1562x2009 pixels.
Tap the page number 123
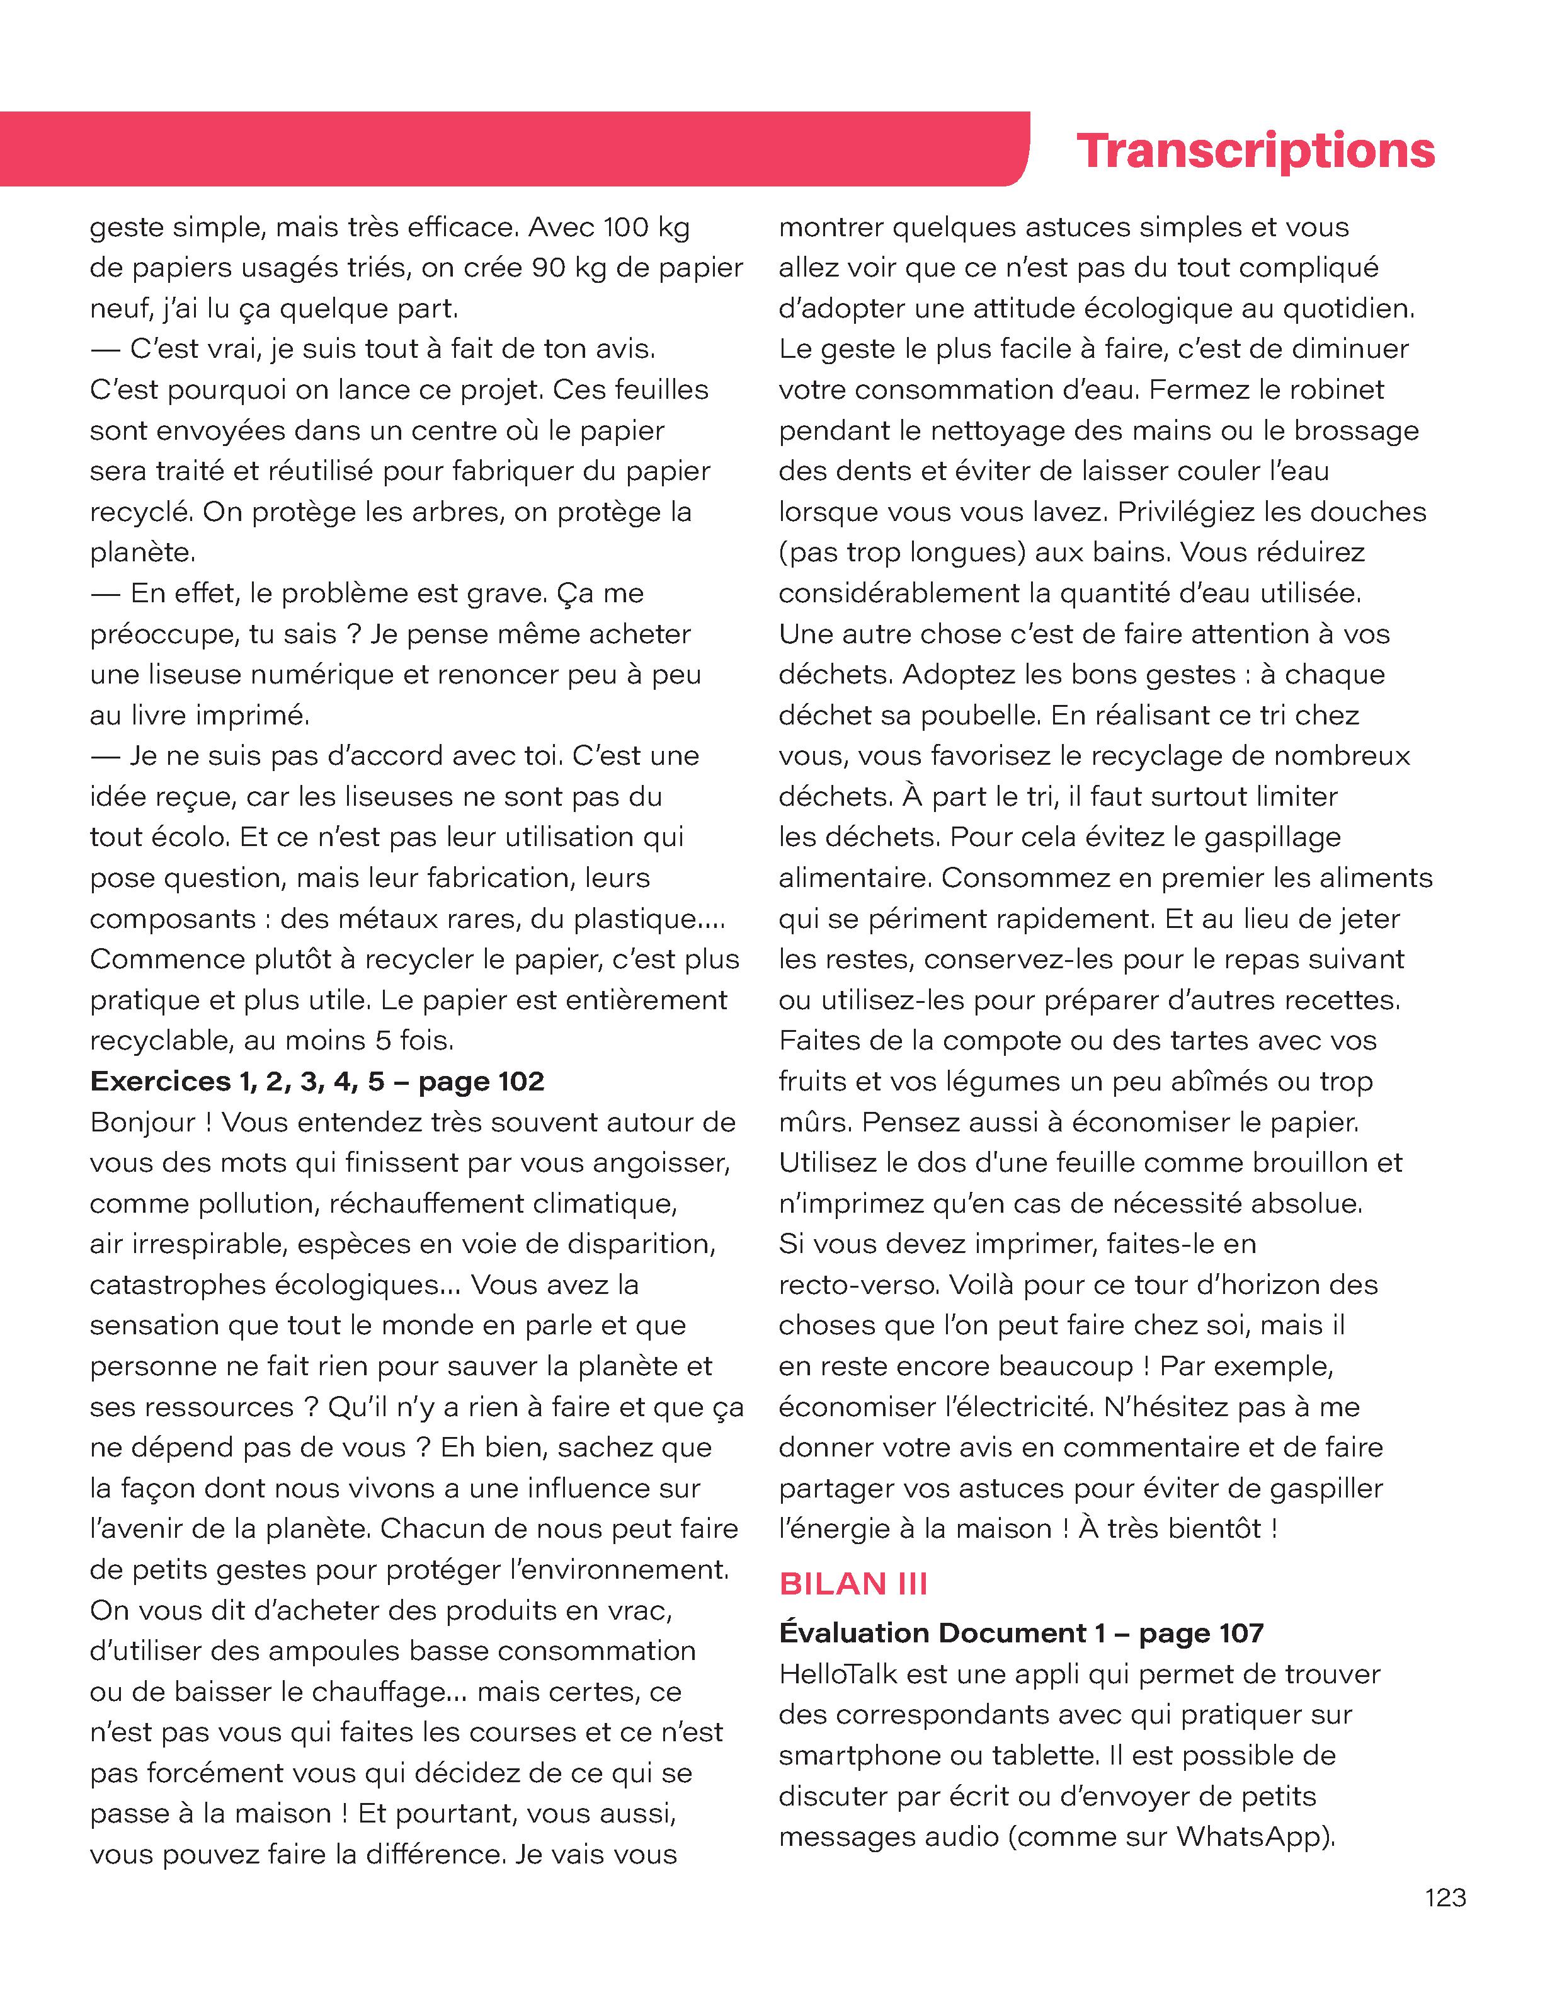[x=1445, y=1897]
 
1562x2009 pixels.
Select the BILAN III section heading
[x=853, y=1583]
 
